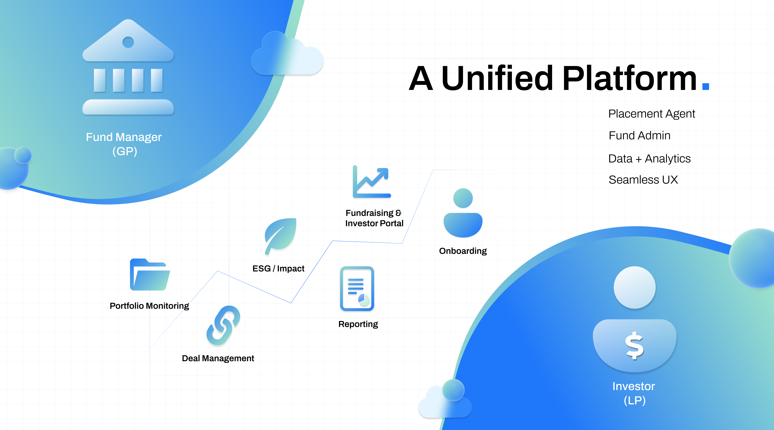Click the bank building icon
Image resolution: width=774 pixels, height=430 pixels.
pos(128,68)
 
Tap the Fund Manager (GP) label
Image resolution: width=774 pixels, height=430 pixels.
pos(124,144)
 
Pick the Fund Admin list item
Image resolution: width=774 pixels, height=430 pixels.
pos(639,135)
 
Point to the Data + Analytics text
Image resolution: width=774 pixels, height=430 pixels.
pos(649,158)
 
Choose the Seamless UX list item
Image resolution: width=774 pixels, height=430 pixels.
pos(643,180)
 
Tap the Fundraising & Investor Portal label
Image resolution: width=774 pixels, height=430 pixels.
pos(374,218)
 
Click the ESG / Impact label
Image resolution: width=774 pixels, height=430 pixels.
pos(278,268)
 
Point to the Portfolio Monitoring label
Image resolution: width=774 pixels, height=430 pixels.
pos(149,306)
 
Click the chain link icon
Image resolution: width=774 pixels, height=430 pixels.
pos(223,325)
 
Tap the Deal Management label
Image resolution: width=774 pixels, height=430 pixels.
pos(218,358)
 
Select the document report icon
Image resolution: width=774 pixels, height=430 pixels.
pos(357,288)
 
